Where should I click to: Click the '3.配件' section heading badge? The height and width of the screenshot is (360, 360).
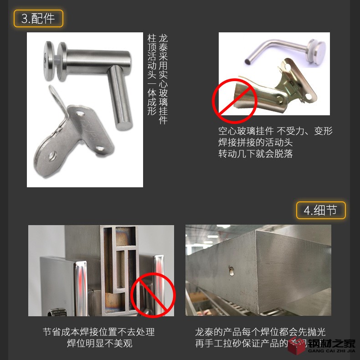tap(38, 18)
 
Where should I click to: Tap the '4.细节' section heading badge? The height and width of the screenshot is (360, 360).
tap(321, 210)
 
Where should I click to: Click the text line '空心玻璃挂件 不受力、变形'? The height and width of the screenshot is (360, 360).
tap(275, 131)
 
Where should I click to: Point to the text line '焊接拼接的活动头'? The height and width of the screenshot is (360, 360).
tap(255, 142)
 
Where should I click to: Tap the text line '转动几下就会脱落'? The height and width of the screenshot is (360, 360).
tap(255, 154)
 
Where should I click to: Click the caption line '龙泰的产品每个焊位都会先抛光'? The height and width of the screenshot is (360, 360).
tap(260, 332)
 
